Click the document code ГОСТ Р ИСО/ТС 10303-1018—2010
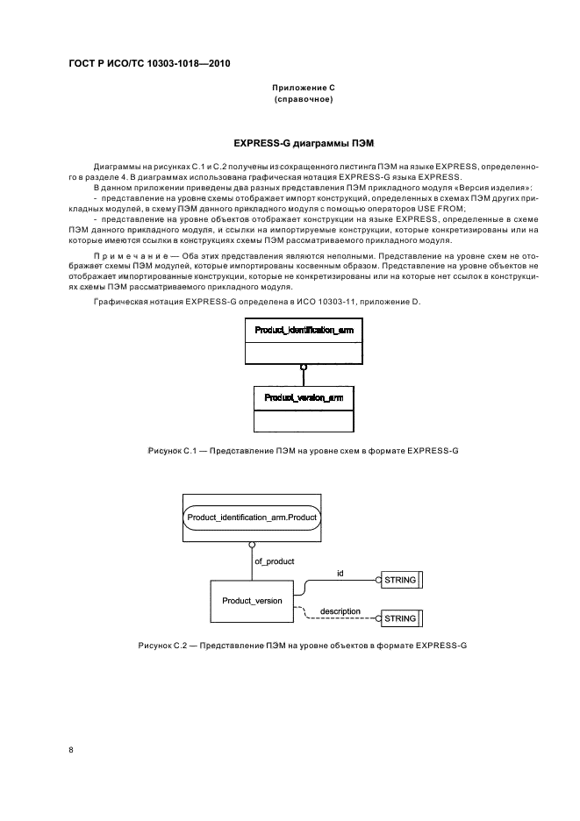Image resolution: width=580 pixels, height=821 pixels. pyautogui.click(x=148, y=64)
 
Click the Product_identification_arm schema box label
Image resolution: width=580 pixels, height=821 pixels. pyautogui.click(x=303, y=329)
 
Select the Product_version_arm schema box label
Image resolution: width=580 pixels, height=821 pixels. pyautogui.click(x=303, y=397)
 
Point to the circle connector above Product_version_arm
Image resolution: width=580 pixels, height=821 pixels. pyautogui.click(x=303, y=367)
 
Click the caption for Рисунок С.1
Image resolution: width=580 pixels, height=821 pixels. pyautogui.click(x=303, y=450)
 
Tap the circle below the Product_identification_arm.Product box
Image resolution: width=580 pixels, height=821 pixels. pyautogui.click(x=252, y=544)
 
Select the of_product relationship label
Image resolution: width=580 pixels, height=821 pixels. pyautogui.click(x=274, y=560)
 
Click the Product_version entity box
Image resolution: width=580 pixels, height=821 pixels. pyautogui.click(x=252, y=600)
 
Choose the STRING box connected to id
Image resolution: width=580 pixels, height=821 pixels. pyautogui.click(x=399, y=580)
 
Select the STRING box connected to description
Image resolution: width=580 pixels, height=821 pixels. pyautogui.click(x=399, y=618)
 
